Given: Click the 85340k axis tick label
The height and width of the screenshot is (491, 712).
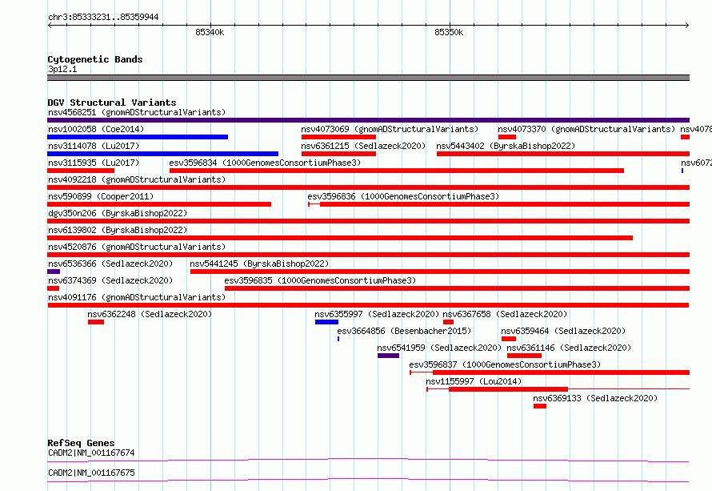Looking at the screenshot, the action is pyautogui.click(x=210, y=32).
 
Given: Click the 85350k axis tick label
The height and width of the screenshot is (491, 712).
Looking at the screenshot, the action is pyautogui.click(x=449, y=32).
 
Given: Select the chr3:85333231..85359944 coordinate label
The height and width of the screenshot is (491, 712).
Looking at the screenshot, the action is pyautogui.click(x=103, y=17).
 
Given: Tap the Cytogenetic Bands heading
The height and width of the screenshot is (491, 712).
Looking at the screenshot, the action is pyautogui.click(x=95, y=59).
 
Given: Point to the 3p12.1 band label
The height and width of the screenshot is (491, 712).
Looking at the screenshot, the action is pyautogui.click(x=62, y=69).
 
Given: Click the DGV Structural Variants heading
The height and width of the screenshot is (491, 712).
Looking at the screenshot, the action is pyautogui.click(x=112, y=103).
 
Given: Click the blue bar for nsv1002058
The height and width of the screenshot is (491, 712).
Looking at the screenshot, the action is pyautogui.click(x=138, y=137).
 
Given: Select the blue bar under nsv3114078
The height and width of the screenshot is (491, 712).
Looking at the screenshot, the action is pyautogui.click(x=162, y=154).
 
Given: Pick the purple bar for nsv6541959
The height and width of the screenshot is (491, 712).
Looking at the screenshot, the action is pyautogui.click(x=388, y=356).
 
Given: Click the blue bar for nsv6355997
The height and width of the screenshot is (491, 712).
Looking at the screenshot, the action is pyautogui.click(x=326, y=322).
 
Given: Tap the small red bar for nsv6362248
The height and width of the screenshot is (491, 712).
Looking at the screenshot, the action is pyautogui.click(x=96, y=322).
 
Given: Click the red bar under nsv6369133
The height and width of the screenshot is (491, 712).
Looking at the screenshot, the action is pyautogui.click(x=540, y=406).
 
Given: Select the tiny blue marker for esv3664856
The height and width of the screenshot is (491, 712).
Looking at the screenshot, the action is pyautogui.click(x=338, y=339).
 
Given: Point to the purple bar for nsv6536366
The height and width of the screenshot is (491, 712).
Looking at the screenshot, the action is pyautogui.click(x=54, y=272).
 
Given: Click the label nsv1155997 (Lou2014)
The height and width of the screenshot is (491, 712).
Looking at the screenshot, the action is pyautogui.click(x=474, y=381).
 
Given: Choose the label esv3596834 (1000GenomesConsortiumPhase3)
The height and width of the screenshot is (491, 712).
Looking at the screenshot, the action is pyautogui.click(x=265, y=163).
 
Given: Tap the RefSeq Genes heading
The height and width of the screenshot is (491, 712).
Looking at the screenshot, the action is pyautogui.click(x=81, y=443).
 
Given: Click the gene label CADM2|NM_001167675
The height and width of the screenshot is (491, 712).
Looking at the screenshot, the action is pyautogui.click(x=91, y=473).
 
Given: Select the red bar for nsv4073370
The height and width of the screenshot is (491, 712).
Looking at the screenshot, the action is pyautogui.click(x=506, y=137).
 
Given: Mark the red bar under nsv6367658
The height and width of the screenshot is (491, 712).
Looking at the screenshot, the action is pyautogui.click(x=448, y=322).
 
